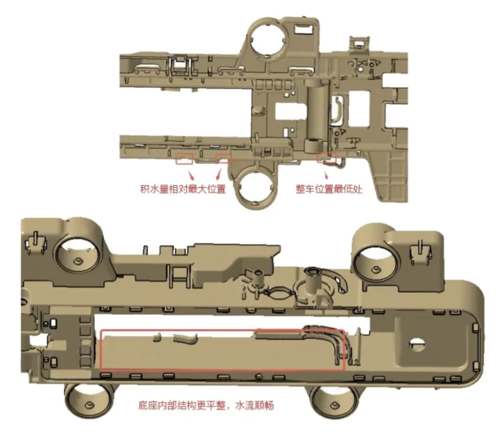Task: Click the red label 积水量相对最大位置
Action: point(183,189)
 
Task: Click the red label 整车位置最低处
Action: point(329,189)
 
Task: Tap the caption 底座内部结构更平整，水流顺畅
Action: point(206,405)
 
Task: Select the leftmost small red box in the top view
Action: point(184,159)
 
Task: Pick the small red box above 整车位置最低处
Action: point(326,157)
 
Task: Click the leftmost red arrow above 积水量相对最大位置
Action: point(191,175)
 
